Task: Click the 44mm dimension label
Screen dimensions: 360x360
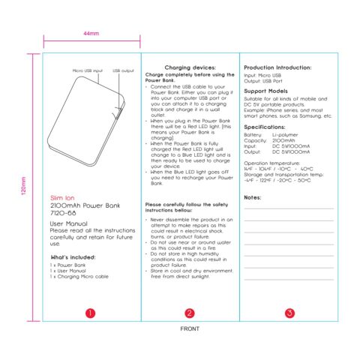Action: [x=91, y=34]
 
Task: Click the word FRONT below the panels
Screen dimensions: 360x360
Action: [x=189, y=329]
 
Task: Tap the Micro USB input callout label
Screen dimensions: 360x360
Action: [x=88, y=70]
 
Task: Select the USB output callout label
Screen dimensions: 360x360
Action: [x=123, y=70]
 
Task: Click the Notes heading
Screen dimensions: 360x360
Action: [x=253, y=196]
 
